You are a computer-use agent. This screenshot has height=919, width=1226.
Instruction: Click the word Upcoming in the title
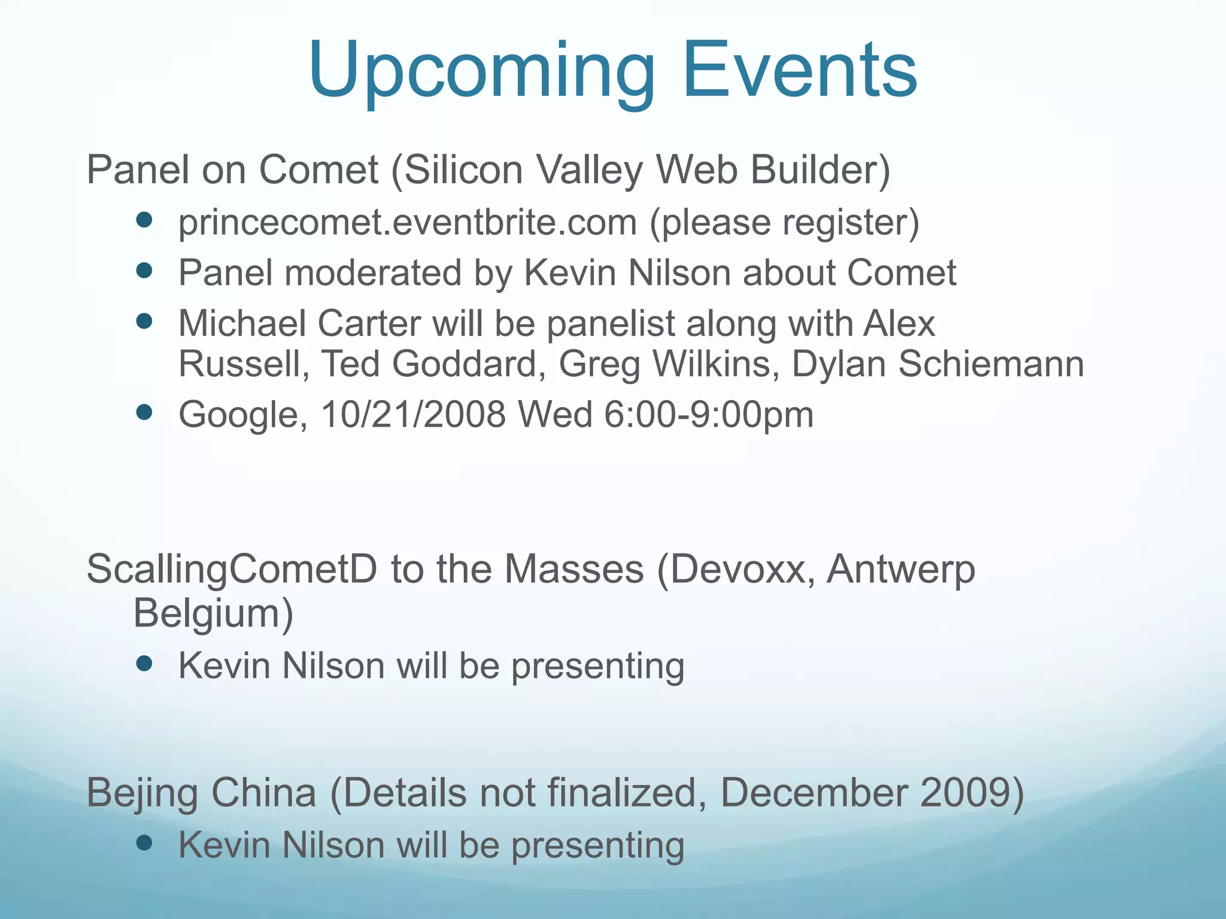coord(482,71)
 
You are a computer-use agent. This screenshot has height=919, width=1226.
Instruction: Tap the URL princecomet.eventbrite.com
coord(407,223)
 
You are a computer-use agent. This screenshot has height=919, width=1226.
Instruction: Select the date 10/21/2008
coord(413,414)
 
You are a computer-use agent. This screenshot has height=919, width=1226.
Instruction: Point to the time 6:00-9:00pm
coord(709,414)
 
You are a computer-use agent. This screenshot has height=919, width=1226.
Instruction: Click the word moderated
coord(372,273)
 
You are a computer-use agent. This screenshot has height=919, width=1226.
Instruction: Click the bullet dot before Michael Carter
coord(144,322)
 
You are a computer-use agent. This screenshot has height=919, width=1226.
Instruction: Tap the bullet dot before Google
coord(144,412)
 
